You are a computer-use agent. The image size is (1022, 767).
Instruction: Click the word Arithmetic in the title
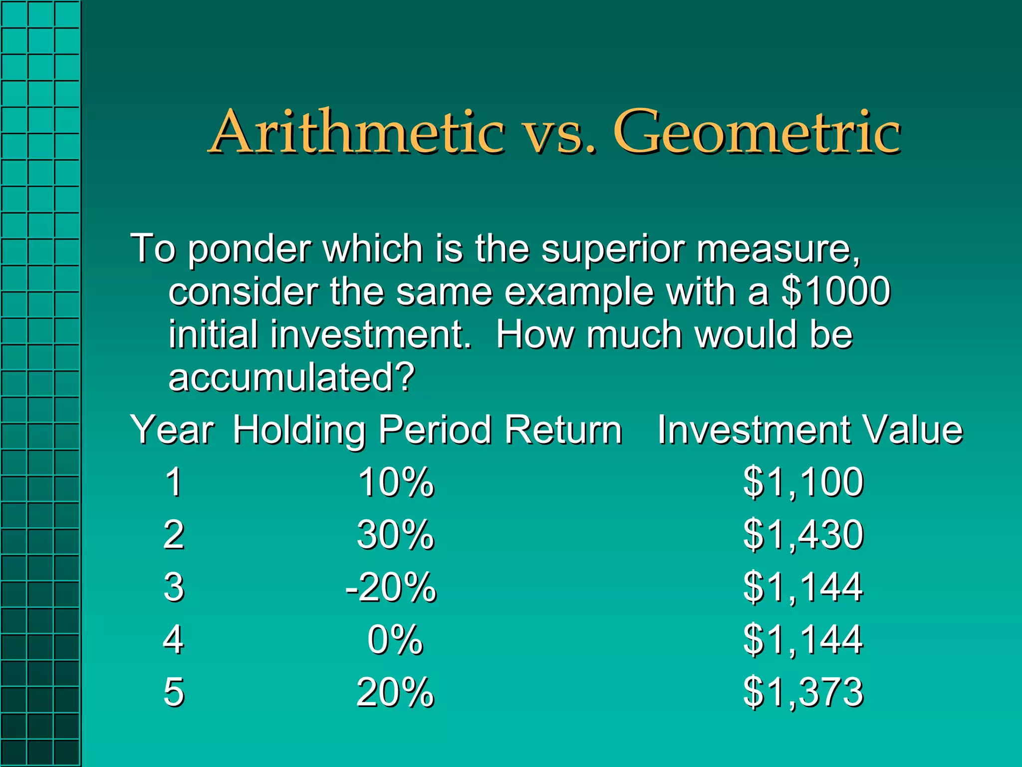pyautogui.click(x=357, y=132)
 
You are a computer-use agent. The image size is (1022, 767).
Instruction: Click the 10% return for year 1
pyautogui.click(x=396, y=482)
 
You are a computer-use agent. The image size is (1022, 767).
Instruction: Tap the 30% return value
pyautogui.click(x=396, y=535)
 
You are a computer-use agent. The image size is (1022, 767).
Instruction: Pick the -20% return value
pyautogui.click(x=391, y=587)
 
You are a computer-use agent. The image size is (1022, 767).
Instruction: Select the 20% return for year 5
pyautogui.click(x=396, y=692)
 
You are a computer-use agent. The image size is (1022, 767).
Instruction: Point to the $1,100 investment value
pyautogui.click(x=803, y=482)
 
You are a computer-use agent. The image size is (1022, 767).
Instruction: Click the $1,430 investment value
pyautogui.click(x=803, y=535)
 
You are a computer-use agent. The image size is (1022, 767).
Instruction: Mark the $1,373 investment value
pyautogui.click(x=803, y=692)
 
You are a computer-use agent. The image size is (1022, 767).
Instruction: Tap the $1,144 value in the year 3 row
pyautogui.click(x=803, y=587)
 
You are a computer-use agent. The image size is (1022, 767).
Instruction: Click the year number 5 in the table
pyautogui.click(x=174, y=692)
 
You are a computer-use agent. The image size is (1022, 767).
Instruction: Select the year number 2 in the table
pyautogui.click(x=174, y=535)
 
